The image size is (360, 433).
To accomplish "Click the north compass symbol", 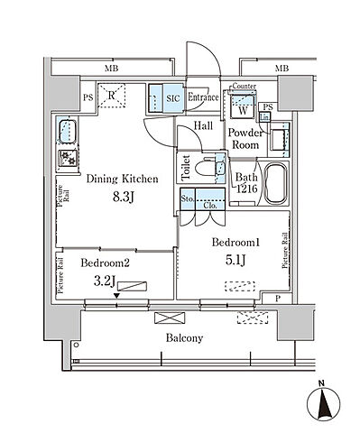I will (324, 400).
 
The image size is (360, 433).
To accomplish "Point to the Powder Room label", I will (245, 138).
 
